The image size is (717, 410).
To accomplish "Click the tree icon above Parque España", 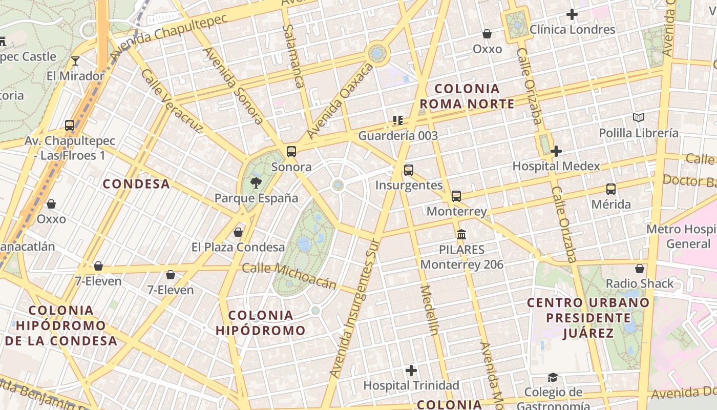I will click(x=255, y=182).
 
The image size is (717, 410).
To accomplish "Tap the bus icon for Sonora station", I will click(x=291, y=151).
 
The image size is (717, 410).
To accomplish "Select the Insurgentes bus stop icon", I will click(x=408, y=170).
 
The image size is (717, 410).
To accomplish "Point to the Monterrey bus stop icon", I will click(x=456, y=196).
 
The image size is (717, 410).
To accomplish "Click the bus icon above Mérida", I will click(x=610, y=189).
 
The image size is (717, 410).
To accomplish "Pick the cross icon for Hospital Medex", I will click(x=556, y=151).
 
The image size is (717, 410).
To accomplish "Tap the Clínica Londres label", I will click(x=572, y=30).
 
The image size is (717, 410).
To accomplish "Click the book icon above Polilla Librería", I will click(x=638, y=118).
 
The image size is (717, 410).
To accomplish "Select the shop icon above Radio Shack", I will click(x=639, y=268).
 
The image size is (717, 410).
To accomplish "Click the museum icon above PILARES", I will click(x=461, y=234).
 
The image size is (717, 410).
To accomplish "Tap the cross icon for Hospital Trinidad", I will click(x=411, y=370).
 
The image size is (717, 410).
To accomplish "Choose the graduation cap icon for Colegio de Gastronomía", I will click(x=552, y=377).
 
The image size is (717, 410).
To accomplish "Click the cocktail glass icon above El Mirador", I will click(x=75, y=60).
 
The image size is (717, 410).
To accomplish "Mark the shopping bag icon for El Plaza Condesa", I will click(x=238, y=232).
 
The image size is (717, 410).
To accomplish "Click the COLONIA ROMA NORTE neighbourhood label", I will click(x=467, y=96).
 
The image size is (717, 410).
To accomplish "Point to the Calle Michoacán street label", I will click(x=289, y=276).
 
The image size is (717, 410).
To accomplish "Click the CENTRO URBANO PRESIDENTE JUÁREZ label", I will click(x=588, y=317).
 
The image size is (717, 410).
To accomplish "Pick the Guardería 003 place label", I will click(x=398, y=136).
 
